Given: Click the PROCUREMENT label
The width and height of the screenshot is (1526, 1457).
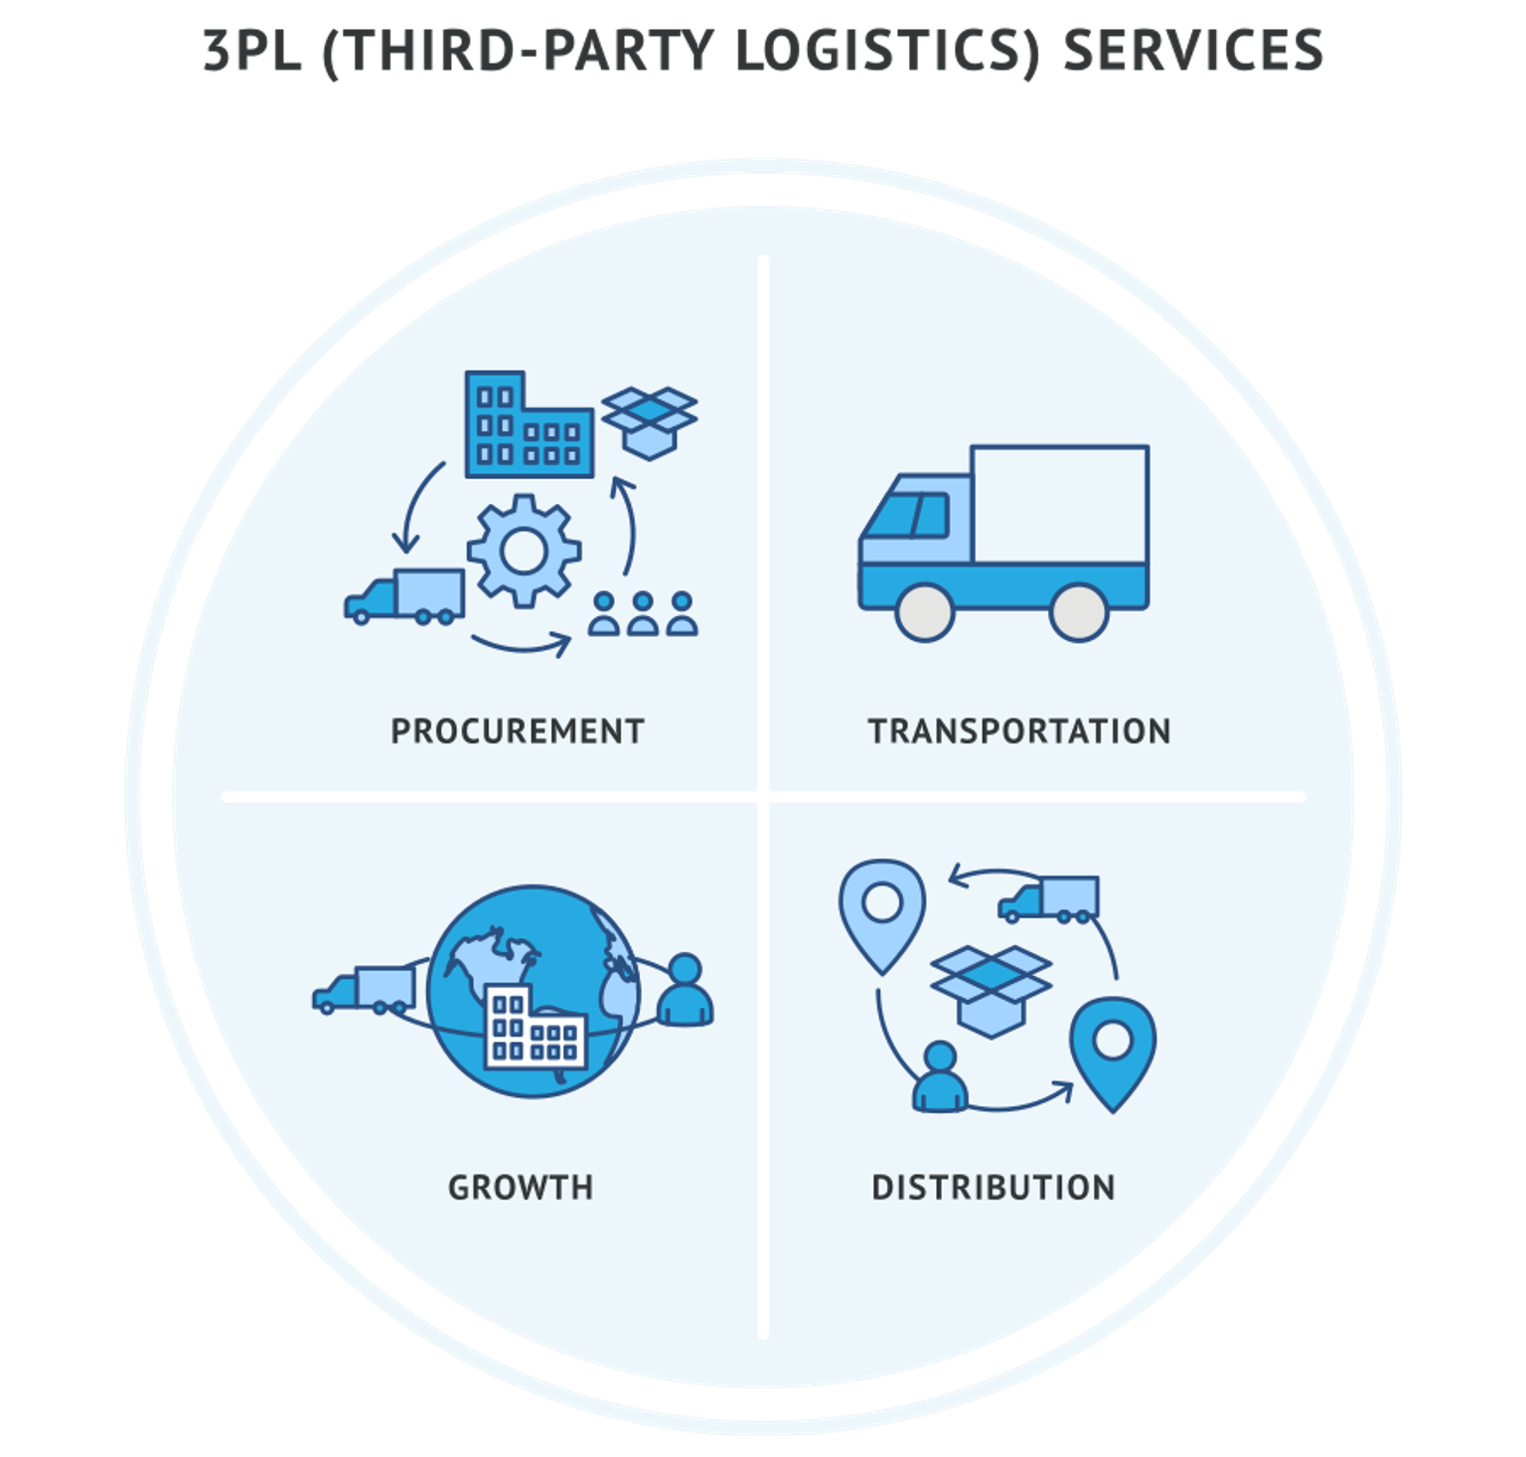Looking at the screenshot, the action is click(517, 731).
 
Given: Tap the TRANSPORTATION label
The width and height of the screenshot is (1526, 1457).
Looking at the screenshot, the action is click(1019, 731).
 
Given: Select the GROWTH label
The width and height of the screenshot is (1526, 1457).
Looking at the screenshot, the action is click(521, 1187).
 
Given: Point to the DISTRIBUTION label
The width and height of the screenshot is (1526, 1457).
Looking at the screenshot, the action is click(993, 1187).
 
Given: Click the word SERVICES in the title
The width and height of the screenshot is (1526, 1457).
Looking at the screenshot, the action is click(1193, 50).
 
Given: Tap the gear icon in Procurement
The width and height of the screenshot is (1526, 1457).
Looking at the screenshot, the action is click(524, 551).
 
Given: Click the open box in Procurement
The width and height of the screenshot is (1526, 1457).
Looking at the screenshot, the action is click(649, 421).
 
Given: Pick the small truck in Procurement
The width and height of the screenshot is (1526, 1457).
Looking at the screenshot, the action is click(405, 596).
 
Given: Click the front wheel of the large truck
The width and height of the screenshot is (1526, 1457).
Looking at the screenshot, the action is click(924, 612).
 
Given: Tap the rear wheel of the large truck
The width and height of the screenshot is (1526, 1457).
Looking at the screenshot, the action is click(1079, 612).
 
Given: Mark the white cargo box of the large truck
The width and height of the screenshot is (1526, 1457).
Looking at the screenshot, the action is click(1060, 504).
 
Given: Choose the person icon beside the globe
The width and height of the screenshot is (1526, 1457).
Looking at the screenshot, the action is click(685, 990).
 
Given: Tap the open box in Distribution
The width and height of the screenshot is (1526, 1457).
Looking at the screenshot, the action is click(991, 990).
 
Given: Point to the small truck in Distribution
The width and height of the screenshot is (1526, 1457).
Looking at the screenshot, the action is click(1050, 899).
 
